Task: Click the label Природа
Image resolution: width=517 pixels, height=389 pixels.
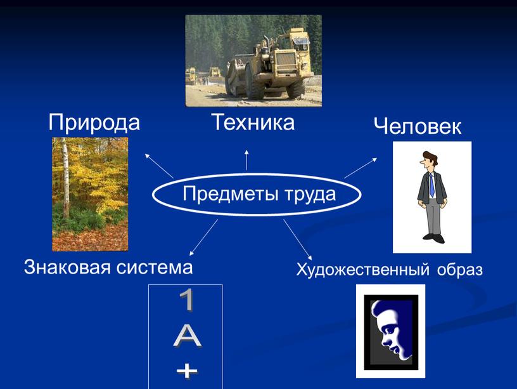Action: point(94,122)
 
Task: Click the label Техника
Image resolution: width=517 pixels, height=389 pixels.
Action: point(253,121)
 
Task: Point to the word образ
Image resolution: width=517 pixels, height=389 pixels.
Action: point(459,270)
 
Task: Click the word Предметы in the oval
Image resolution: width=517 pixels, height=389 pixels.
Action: point(219,194)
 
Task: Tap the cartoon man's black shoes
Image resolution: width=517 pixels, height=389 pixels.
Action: point(433,238)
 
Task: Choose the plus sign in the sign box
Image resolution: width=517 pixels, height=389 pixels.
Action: point(186,371)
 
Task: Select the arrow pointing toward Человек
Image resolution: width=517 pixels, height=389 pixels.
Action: point(361,168)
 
